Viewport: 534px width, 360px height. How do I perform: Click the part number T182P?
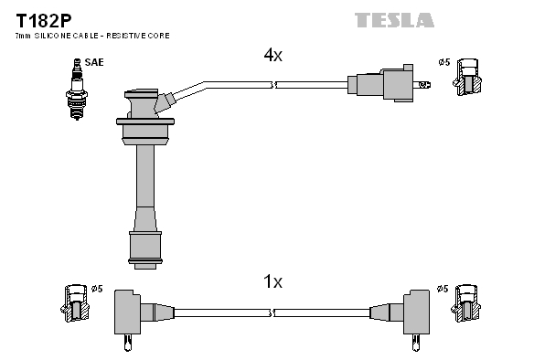44,21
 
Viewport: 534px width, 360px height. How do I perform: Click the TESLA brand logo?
394,20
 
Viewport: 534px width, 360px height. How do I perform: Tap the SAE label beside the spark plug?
94,62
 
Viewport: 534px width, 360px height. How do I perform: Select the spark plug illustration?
77,90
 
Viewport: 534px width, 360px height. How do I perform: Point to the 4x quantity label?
273,55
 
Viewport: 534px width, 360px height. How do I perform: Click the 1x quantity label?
273,281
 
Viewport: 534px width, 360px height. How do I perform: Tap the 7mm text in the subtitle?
23,36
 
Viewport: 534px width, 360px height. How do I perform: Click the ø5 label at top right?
444,62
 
